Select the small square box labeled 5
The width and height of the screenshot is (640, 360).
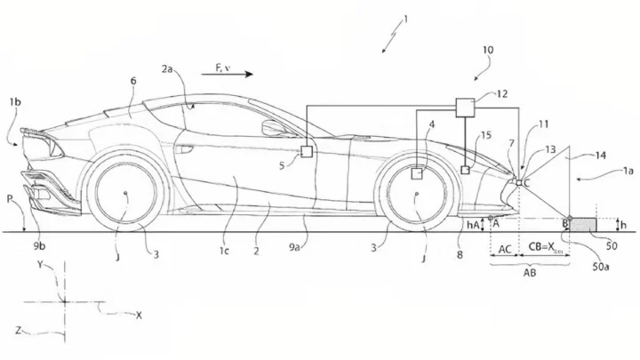pyautogui.click(x=308, y=152)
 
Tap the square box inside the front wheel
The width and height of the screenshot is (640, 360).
pyautogui.click(x=416, y=174)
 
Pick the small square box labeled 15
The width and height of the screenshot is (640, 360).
pyautogui.click(x=465, y=170)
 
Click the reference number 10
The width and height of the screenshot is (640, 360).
pyautogui.click(x=487, y=52)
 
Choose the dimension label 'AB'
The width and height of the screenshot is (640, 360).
pyautogui.click(x=529, y=274)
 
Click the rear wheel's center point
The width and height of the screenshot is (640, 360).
pyautogui.click(x=124, y=193)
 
